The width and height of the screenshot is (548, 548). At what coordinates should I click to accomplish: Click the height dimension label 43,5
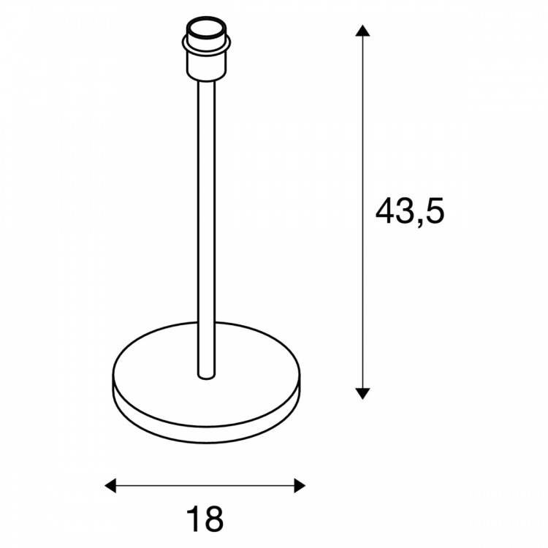(410, 211)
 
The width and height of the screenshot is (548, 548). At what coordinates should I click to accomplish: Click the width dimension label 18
(205, 519)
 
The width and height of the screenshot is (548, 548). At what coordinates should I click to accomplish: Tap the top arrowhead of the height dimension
(362, 31)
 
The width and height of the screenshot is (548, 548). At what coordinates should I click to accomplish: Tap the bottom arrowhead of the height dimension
(362, 394)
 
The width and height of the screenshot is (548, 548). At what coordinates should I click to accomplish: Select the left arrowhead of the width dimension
(110, 485)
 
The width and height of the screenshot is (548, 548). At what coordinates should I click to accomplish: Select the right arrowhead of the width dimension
(300, 485)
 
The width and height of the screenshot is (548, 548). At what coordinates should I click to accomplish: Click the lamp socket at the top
(206, 49)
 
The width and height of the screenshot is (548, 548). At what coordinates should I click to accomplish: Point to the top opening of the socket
(206, 28)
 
